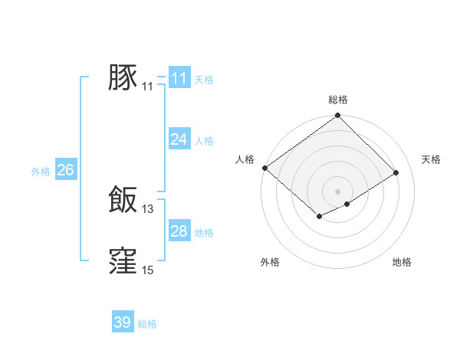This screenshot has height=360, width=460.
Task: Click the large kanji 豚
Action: tap(123, 78)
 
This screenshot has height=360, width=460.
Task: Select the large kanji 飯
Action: tap(123, 200)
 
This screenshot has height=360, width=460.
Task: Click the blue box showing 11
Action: tap(179, 78)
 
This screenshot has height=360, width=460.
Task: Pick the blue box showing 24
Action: tap(179, 139)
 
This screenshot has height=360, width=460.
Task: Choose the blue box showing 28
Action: tap(179, 231)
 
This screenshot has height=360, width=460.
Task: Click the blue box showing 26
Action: tap(65, 170)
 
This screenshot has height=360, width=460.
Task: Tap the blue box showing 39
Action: tap(123, 322)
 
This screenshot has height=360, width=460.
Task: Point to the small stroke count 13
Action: tap(148, 208)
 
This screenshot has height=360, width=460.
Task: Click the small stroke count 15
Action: tap(148, 270)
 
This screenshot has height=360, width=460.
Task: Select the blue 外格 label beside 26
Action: tap(41, 172)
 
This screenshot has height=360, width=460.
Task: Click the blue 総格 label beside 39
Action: tap(147, 324)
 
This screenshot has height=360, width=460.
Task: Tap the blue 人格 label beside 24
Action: tap(204, 141)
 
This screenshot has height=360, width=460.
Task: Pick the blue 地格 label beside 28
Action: tap(204, 233)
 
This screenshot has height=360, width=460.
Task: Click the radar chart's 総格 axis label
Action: tap(338, 100)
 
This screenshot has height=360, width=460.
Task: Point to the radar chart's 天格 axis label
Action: tap(432, 159)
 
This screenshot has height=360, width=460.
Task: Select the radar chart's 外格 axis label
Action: tap(270, 263)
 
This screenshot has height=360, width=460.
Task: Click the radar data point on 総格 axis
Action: tap(338, 116)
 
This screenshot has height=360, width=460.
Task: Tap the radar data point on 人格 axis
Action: tap(264, 168)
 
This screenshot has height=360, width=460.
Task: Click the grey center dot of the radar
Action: tap(338, 191)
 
